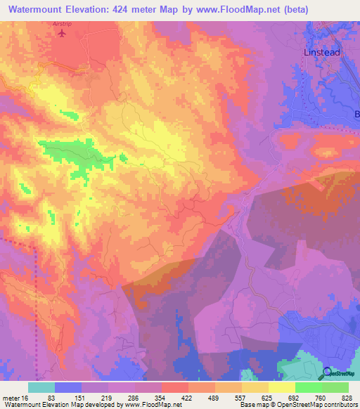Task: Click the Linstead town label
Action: click(x=323, y=53)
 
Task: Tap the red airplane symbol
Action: click(x=63, y=33)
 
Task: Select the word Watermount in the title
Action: click(x=40, y=10)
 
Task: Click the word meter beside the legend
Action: click(x=11, y=397)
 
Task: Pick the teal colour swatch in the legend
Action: click(x=41, y=387)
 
